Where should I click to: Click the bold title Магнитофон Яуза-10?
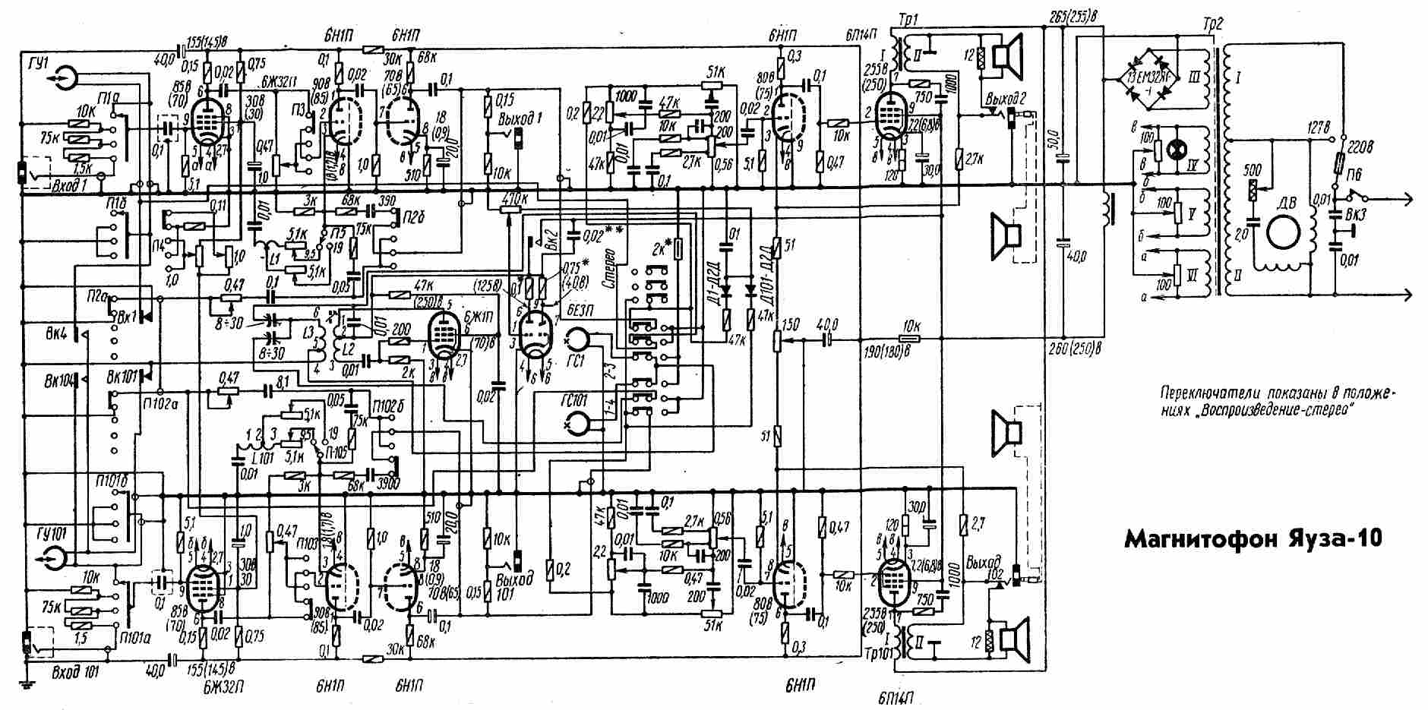tap(1252, 538)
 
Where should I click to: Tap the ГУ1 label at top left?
tap(36, 62)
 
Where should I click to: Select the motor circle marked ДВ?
tap(1284, 231)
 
